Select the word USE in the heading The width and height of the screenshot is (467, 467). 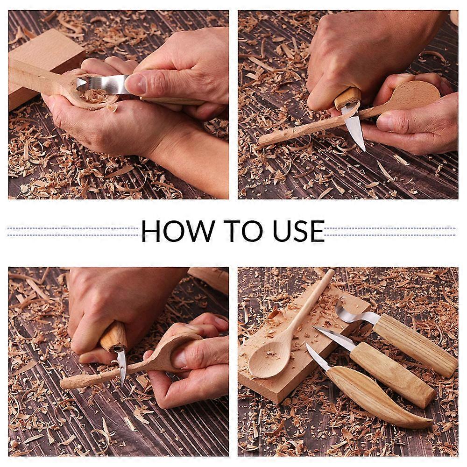[x=298, y=231]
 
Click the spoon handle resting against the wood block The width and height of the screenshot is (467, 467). [x=33, y=75]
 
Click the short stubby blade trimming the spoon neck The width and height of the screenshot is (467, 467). [x=121, y=364]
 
